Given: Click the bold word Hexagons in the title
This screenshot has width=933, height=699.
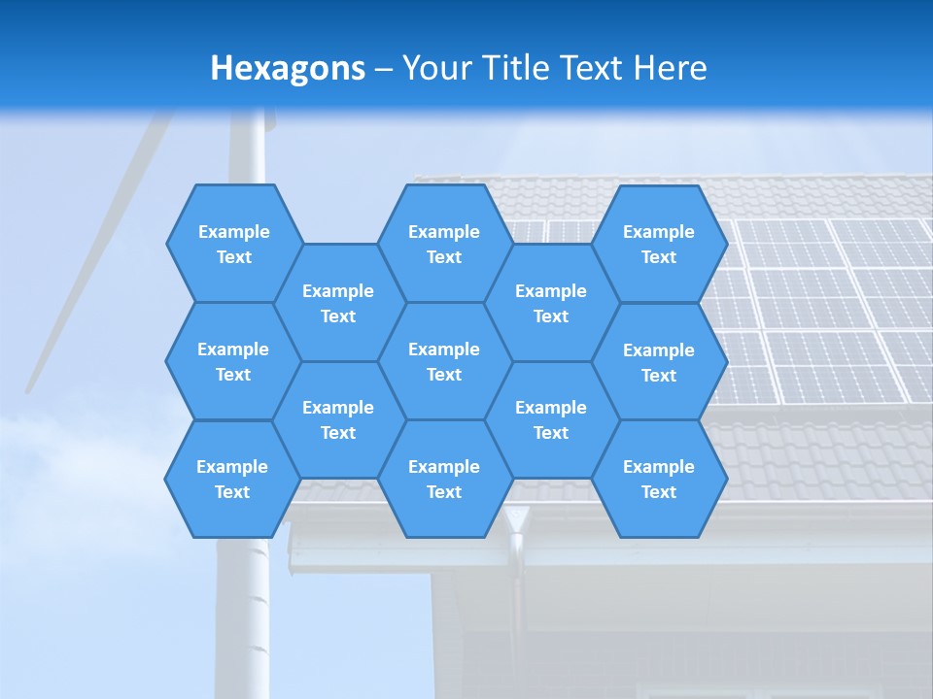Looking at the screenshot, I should [288, 68].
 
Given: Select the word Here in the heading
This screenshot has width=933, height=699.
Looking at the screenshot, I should [671, 68].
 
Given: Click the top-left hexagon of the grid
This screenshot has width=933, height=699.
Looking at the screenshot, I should [234, 244].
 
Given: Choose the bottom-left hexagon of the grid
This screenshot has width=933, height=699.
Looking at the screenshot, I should [232, 479].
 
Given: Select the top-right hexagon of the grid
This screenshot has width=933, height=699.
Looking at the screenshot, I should [659, 244].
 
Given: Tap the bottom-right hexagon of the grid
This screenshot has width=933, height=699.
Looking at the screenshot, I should [659, 479].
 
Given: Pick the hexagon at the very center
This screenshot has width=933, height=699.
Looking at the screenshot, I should [444, 361].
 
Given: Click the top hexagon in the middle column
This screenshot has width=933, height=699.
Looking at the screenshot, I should [444, 244].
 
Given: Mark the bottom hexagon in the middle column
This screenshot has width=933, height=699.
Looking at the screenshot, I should [444, 479].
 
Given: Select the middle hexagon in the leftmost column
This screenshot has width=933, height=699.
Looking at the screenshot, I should [233, 361].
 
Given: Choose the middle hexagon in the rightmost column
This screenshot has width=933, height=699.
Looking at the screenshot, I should [659, 362].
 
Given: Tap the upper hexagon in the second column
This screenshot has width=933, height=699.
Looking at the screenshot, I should [338, 303].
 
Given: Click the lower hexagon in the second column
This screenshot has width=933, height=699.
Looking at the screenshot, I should [338, 419].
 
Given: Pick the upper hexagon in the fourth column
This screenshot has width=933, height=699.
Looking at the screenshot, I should [551, 303].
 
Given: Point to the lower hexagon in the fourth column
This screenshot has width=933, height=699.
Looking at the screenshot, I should [551, 419].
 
